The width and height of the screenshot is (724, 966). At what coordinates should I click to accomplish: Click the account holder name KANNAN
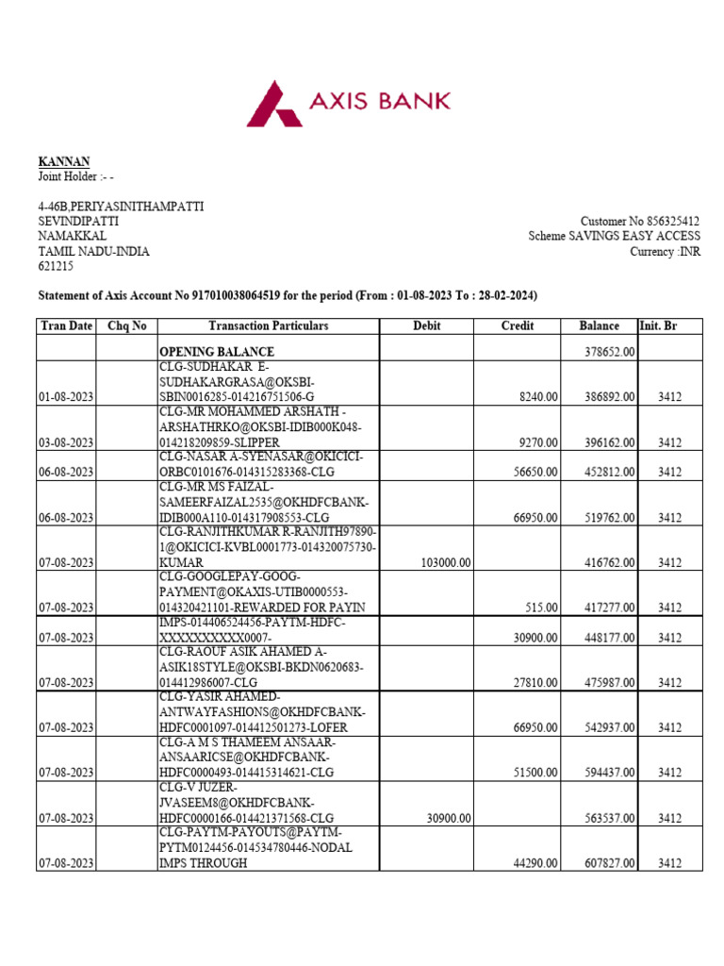[x=64, y=161]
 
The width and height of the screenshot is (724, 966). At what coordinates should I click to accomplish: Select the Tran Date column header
[x=67, y=326]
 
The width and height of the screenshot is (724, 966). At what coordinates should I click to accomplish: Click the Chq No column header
[x=127, y=326]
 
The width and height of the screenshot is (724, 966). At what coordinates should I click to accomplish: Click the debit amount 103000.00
[x=442, y=563]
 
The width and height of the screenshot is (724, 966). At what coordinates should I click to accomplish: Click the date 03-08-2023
[x=66, y=442]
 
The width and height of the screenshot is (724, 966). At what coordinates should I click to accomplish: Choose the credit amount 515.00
[x=544, y=608]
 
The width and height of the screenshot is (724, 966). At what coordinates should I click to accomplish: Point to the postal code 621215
[x=56, y=267]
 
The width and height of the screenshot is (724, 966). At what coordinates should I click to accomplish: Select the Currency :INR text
[x=666, y=251]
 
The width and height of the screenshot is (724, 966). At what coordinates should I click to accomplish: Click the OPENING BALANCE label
[x=216, y=352]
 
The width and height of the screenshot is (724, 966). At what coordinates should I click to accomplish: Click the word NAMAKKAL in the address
[x=72, y=236]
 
